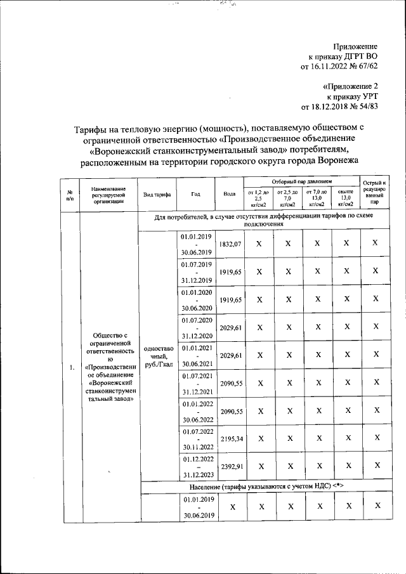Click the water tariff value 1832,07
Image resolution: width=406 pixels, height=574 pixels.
click(230, 244)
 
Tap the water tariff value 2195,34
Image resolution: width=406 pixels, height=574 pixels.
click(230, 438)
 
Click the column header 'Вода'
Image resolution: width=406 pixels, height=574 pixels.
click(230, 194)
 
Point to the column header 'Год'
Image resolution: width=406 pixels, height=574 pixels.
click(196, 194)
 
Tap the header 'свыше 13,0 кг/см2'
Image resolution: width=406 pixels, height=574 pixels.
click(346, 198)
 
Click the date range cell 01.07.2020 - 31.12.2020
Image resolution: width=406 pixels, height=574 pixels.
click(196, 327)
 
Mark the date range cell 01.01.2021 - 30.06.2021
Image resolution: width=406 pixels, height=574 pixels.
click(196, 355)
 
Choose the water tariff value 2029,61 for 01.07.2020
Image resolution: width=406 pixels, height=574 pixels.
click(230, 327)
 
